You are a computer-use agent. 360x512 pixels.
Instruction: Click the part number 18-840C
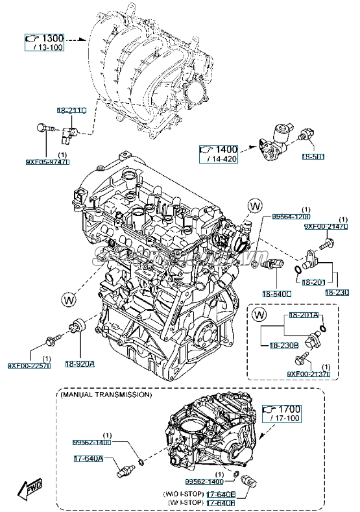pyautogui.click(x=278, y=293)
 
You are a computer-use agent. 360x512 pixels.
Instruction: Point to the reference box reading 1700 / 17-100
pyautogui.click(x=283, y=413)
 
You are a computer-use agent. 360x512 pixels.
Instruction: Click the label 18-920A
pyautogui.click(x=79, y=364)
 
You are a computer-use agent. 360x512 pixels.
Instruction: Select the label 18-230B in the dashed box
pyautogui.click(x=276, y=345)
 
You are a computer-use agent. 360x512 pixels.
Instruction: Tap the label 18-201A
pyautogui.click(x=304, y=315)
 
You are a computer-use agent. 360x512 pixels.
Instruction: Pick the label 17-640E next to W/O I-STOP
pyautogui.click(x=220, y=493)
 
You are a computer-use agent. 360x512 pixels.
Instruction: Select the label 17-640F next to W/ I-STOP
pyautogui.click(x=220, y=502)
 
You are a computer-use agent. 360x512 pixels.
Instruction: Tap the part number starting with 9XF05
pyautogui.click(x=47, y=162)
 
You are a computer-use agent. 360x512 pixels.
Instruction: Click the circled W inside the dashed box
pyautogui.click(x=259, y=315)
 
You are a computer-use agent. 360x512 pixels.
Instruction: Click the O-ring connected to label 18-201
pyautogui.click(x=297, y=270)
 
